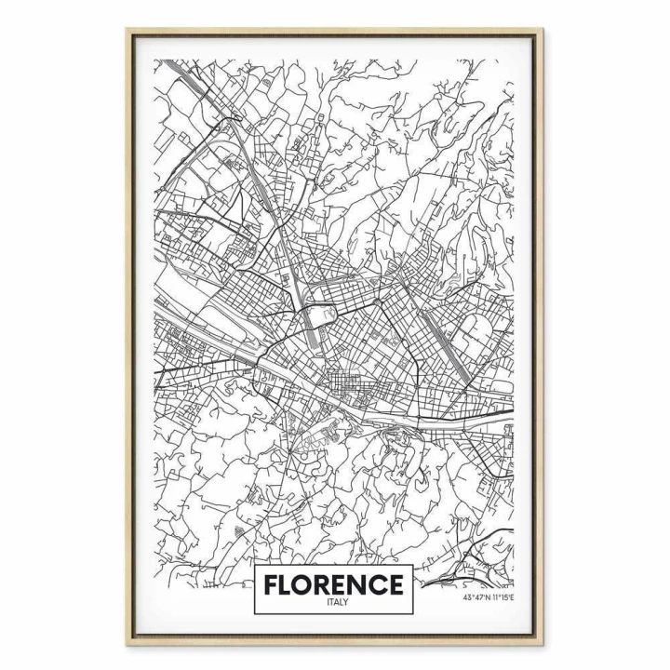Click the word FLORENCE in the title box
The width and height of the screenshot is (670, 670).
click(333, 585)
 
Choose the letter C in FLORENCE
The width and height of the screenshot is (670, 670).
click(378, 585)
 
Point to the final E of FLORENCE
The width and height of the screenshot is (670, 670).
click(395, 585)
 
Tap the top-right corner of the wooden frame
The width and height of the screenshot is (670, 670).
click(543, 30)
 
